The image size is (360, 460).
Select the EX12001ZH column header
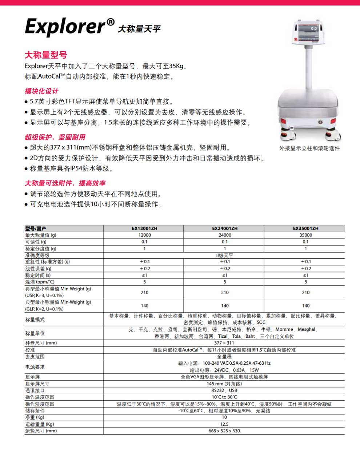click(x=144, y=229)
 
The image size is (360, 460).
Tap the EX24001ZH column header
click(x=225, y=229)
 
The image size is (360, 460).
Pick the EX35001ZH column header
click(x=305, y=229)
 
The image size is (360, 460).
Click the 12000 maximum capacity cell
click(x=144, y=235)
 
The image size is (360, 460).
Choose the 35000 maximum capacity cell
click(x=305, y=235)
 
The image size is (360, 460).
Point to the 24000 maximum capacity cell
click(x=225, y=235)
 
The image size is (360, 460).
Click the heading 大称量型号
click(x=46, y=55)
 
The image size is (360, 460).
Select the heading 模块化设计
click(x=41, y=91)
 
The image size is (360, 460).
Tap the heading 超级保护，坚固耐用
click(x=55, y=137)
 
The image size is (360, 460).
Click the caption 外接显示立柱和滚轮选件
click(x=309, y=148)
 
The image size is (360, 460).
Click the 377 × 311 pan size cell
click(x=224, y=343)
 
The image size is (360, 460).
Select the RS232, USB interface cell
click(x=224, y=390)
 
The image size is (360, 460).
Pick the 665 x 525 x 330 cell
click(x=224, y=431)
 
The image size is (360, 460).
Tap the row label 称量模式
click(x=35, y=320)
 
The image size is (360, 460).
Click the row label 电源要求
click(x=35, y=367)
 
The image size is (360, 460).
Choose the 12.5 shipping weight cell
click(x=224, y=424)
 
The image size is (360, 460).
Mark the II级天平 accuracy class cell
click(x=224, y=255)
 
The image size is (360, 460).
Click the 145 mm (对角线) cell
click(x=224, y=384)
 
